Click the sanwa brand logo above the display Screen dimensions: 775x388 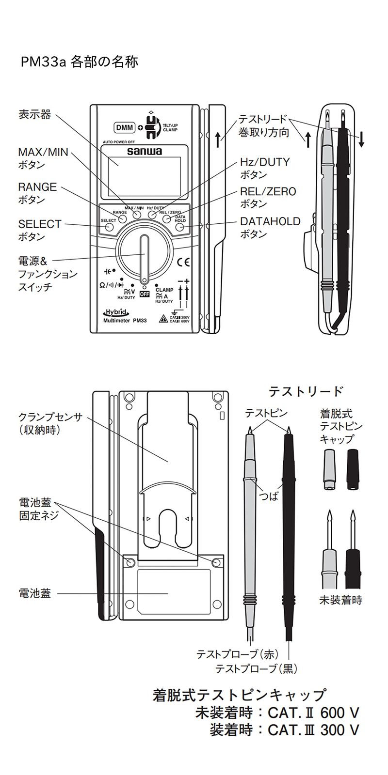(x=144, y=151)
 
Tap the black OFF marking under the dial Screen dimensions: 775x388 (x=144, y=294)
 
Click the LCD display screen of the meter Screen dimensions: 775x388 (x=144, y=175)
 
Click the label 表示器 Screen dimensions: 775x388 (x=34, y=115)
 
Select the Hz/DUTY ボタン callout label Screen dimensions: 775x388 (x=264, y=168)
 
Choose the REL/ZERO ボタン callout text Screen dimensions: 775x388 (x=268, y=197)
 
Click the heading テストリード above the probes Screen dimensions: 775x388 (x=306, y=391)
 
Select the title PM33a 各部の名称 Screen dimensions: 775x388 (x=80, y=62)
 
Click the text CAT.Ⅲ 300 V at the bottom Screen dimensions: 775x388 (x=313, y=729)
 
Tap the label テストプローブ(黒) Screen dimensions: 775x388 (x=256, y=669)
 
